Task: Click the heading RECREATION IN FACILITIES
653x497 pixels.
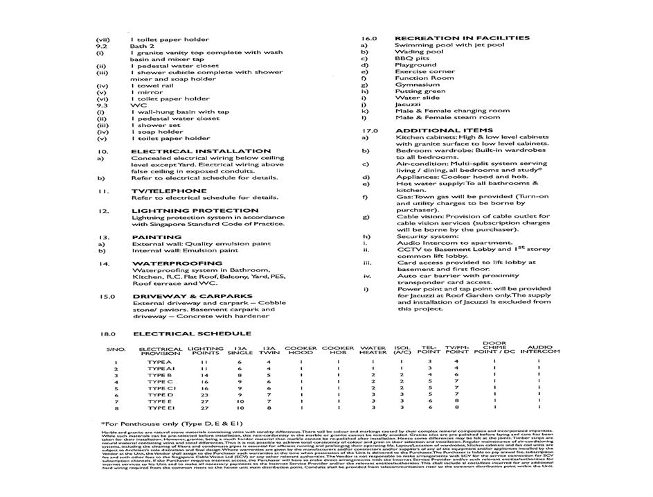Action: pyautogui.click(x=462, y=38)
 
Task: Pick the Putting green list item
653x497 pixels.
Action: pyautogui.click(x=420, y=91)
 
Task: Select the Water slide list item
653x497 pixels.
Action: pyautogui.click(x=417, y=98)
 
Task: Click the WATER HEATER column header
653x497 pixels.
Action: pyautogui.click(x=373, y=350)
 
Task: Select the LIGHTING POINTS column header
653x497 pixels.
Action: pyautogui.click(x=205, y=350)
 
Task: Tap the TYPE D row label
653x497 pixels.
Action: pyautogui.click(x=160, y=395)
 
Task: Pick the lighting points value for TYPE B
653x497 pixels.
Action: pyautogui.click(x=204, y=375)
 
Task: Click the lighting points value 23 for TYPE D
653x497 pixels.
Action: pyautogui.click(x=204, y=395)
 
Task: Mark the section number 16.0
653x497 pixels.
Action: pyautogui.click(x=368, y=38)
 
